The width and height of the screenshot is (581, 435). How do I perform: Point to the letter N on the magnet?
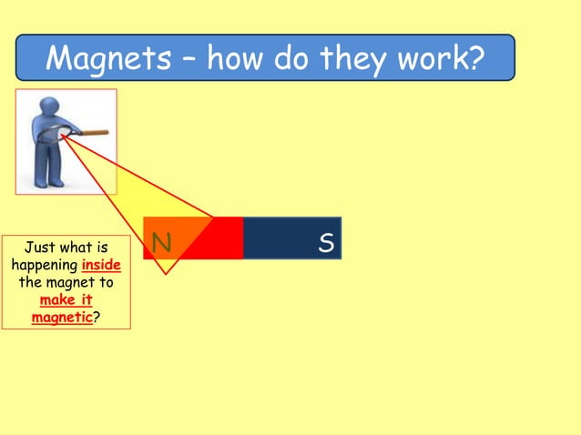(x=162, y=242)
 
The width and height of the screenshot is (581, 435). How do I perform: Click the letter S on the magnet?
(x=326, y=242)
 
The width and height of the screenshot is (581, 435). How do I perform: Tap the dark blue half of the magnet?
(x=291, y=238)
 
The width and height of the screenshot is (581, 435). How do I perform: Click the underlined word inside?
(x=101, y=265)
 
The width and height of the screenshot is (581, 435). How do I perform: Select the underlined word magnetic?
(x=62, y=318)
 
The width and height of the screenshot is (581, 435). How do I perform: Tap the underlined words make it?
(x=66, y=300)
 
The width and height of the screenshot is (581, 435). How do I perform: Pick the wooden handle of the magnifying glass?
(x=93, y=134)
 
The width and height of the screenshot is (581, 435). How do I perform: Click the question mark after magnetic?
(x=97, y=318)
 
